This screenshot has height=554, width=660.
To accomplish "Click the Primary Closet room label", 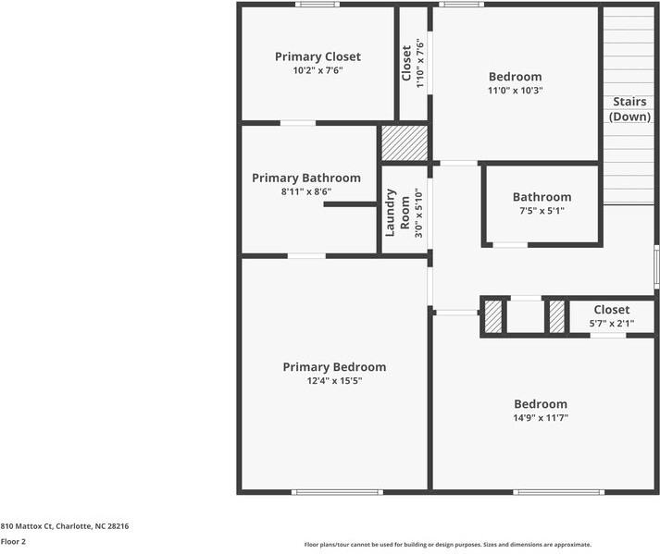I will (x=318, y=56).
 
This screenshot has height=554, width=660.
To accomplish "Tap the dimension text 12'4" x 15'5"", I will (x=334, y=380).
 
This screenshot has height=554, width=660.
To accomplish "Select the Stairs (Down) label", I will (x=629, y=109).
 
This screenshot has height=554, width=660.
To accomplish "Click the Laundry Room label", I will (x=397, y=212).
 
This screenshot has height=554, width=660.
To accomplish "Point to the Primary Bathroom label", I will (x=306, y=178).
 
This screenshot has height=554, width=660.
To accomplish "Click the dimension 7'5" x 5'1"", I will (x=542, y=210).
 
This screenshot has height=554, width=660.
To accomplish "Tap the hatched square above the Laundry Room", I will (x=405, y=143).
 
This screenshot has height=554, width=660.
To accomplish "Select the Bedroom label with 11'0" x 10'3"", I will (x=515, y=77).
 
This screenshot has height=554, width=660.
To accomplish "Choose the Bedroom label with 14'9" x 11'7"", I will (x=541, y=404).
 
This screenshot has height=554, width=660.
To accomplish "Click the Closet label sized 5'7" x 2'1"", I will (x=611, y=310).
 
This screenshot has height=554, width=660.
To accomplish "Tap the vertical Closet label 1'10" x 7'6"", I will (x=406, y=62).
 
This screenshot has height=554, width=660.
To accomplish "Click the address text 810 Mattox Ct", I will (x=64, y=525).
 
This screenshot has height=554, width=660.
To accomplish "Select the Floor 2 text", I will (x=13, y=542).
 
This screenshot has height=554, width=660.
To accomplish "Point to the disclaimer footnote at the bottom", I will (x=447, y=545).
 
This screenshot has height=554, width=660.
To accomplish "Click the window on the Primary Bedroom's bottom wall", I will (x=337, y=492).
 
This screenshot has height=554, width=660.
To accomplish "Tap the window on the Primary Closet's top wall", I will (x=318, y=5).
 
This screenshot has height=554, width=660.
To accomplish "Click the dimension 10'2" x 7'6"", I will (x=318, y=70).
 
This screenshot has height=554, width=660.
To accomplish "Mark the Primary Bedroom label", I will (x=334, y=367).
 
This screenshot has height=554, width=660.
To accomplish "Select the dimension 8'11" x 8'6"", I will (x=306, y=191).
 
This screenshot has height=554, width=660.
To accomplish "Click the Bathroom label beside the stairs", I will (x=542, y=197).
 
